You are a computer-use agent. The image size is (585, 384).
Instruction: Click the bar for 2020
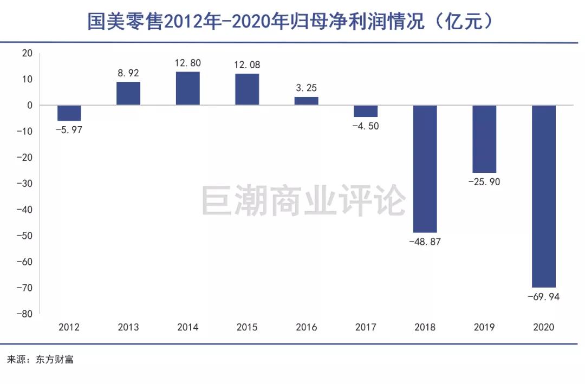[x=543, y=196]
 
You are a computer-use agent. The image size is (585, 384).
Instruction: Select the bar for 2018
[x=425, y=168]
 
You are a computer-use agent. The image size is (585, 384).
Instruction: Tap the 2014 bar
[x=187, y=88]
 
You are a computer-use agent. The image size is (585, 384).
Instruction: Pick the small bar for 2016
[x=306, y=101]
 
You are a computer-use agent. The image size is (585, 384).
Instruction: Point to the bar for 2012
[x=69, y=113]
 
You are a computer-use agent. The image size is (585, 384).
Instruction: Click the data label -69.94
[x=543, y=296]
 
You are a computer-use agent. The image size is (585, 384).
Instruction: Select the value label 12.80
[x=187, y=63]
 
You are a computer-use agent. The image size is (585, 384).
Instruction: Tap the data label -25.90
[x=484, y=182]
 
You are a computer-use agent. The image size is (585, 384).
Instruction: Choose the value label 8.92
[x=128, y=73]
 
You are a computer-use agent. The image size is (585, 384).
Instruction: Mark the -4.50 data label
[x=366, y=126]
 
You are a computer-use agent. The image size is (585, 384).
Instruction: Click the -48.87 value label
[x=425, y=242]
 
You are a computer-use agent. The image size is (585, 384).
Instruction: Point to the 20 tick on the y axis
[x=27, y=53]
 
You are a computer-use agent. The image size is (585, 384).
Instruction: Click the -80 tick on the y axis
[x=25, y=314]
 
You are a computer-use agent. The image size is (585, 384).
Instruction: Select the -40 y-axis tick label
[x=25, y=210]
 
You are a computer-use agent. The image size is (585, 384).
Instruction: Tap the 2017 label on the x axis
[x=366, y=327]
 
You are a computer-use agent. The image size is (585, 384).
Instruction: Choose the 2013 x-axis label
[x=128, y=327]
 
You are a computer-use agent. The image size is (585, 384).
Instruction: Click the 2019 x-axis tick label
[x=484, y=327]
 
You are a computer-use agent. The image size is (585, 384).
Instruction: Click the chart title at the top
[x=292, y=22]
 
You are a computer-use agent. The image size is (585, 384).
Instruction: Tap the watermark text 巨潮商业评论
[x=303, y=200]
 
